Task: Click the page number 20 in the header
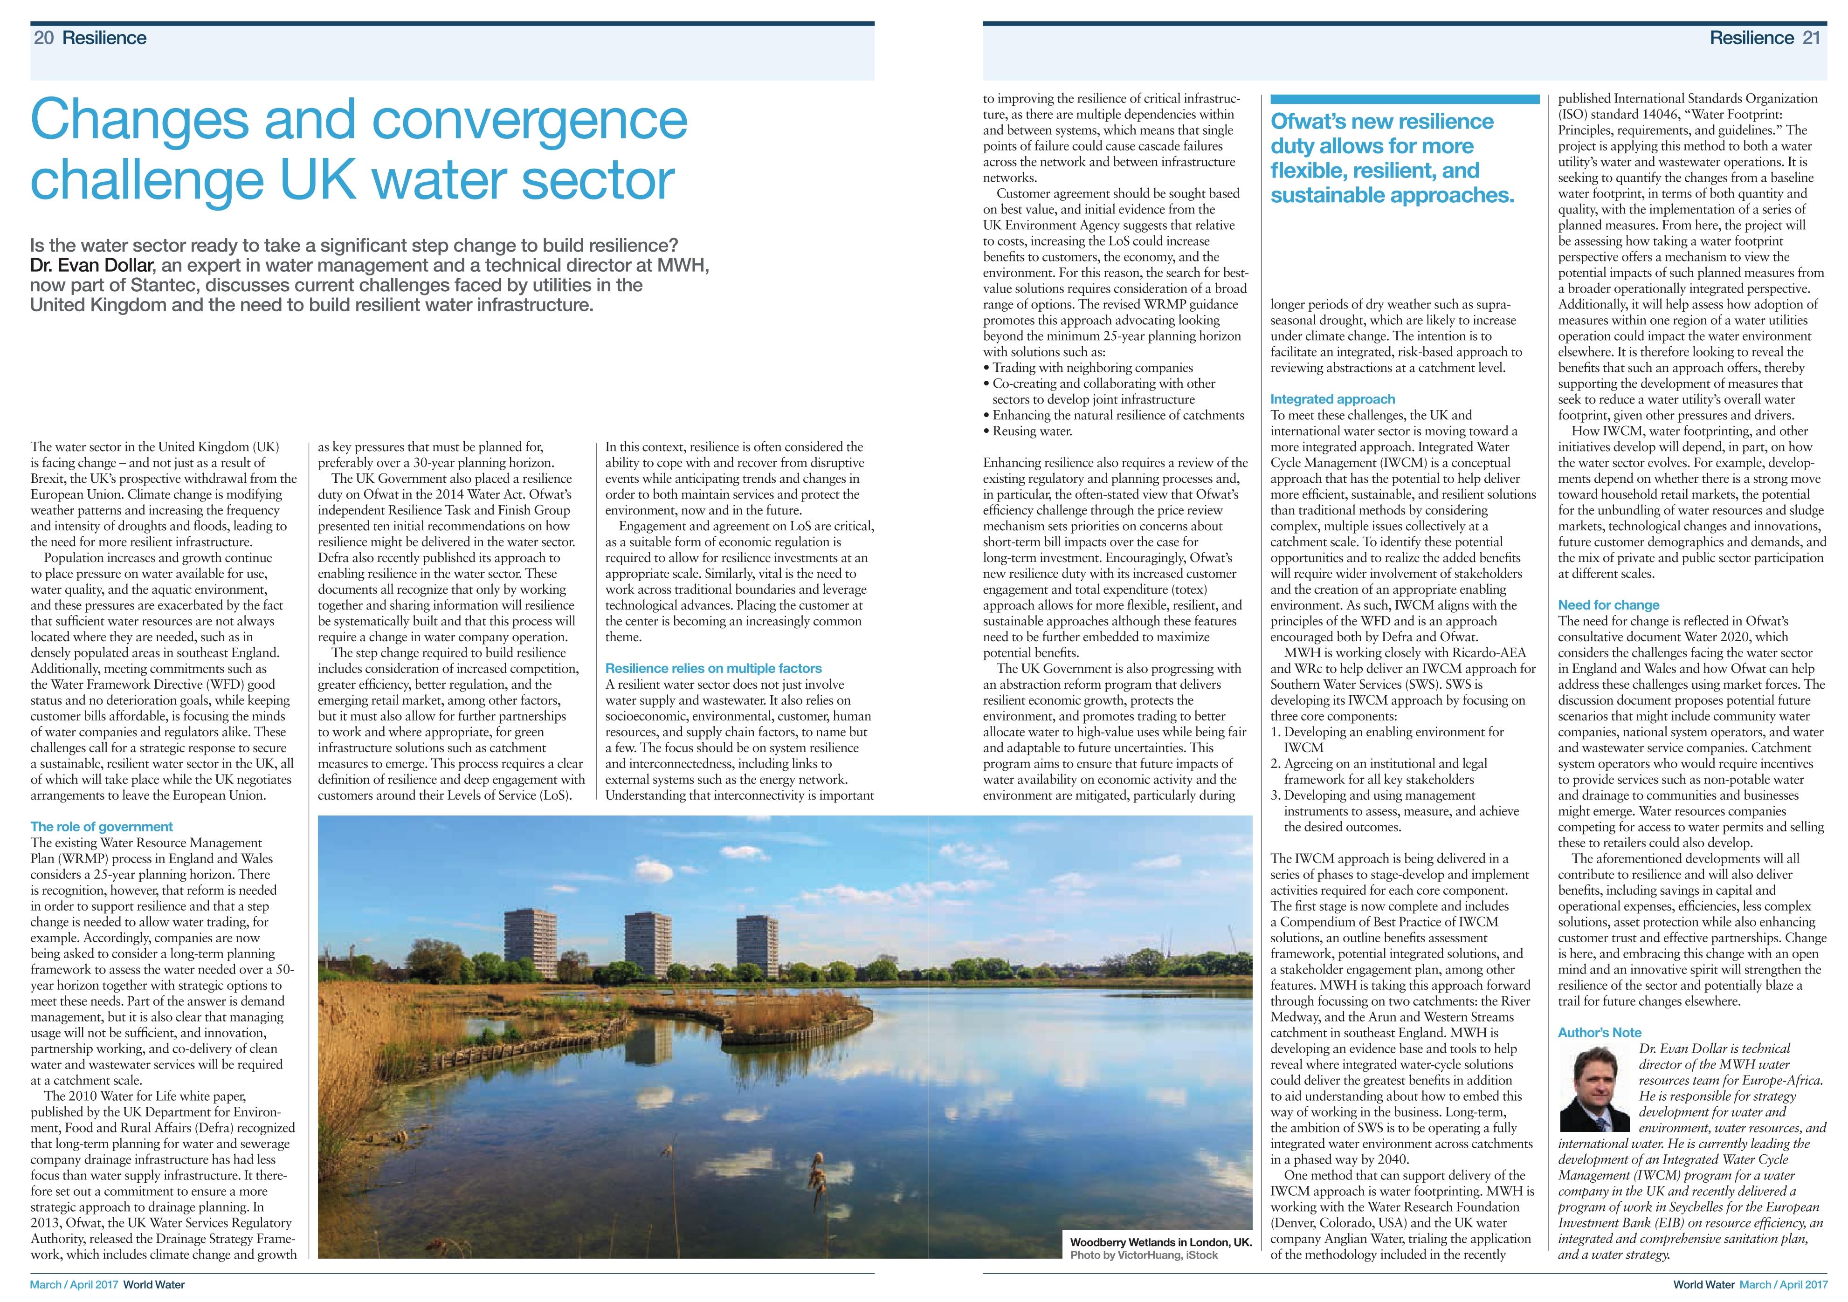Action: click(x=43, y=38)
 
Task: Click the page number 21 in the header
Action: click(x=1811, y=38)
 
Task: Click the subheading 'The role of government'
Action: click(x=102, y=826)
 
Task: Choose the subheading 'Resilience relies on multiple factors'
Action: click(x=713, y=668)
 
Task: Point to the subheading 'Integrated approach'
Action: click(x=1332, y=399)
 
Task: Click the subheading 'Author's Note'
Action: click(x=1600, y=1033)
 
